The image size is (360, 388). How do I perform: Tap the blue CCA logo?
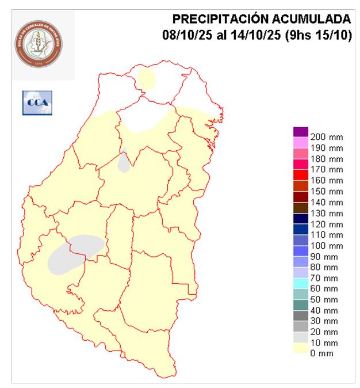tap(37, 102)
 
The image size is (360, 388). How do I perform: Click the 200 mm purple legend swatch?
tap(301, 132)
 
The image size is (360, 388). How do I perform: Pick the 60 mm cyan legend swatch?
tap(301, 283)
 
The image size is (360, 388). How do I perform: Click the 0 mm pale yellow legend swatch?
tap(301, 348)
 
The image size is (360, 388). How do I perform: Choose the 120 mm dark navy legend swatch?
tap(301, 219)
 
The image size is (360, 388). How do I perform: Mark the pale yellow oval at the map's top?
tap(146, 79)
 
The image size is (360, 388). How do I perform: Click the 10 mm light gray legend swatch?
tap(301, 337)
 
